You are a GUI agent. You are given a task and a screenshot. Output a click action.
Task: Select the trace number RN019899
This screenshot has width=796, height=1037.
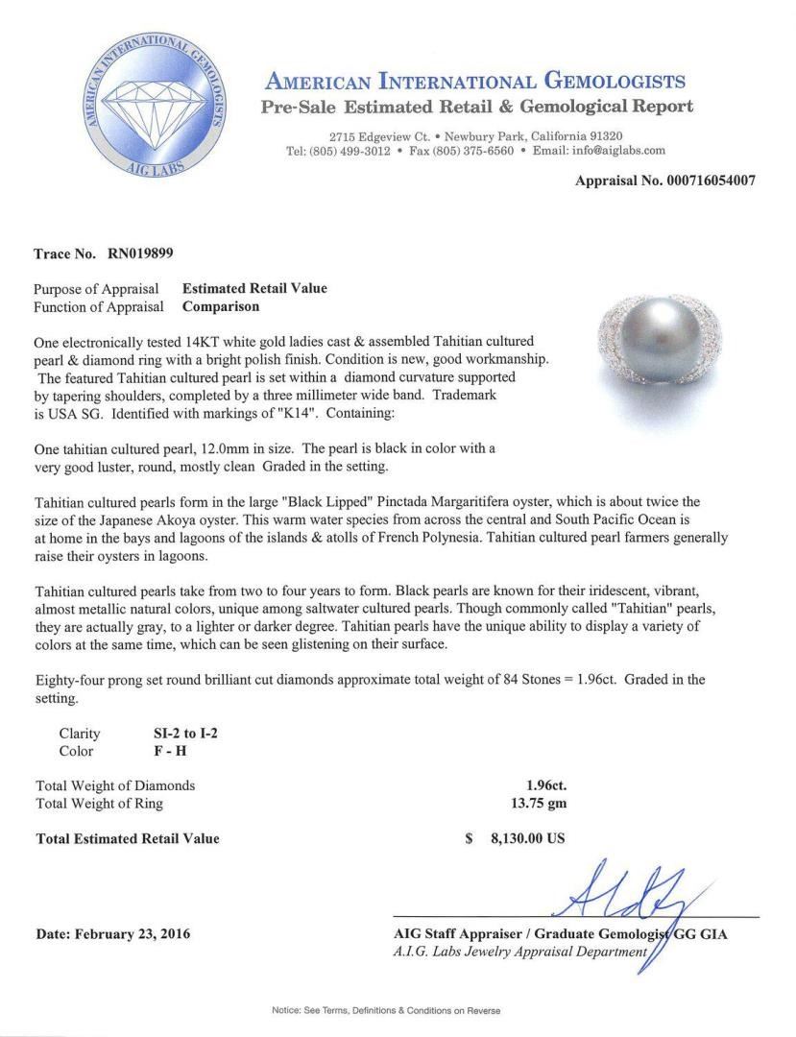[x=137, y=254]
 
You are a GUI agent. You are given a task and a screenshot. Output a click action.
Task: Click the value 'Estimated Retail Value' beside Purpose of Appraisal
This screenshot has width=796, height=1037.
[x=254, y=288]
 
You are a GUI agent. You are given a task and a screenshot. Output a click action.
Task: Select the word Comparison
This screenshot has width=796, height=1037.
[x=220, y=307]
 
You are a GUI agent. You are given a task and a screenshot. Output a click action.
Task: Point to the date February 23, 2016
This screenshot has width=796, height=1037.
[x=112, y=933]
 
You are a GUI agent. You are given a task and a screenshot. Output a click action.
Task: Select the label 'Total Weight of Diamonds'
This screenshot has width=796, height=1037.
[x=115, y=785]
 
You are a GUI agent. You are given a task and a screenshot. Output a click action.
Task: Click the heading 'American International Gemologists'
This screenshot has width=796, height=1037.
[x=475, y=81]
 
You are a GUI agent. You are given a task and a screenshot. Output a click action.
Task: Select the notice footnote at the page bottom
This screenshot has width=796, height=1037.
[x=387, y=1011]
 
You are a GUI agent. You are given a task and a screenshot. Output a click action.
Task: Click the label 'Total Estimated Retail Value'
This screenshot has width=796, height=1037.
[x=128, y=838]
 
